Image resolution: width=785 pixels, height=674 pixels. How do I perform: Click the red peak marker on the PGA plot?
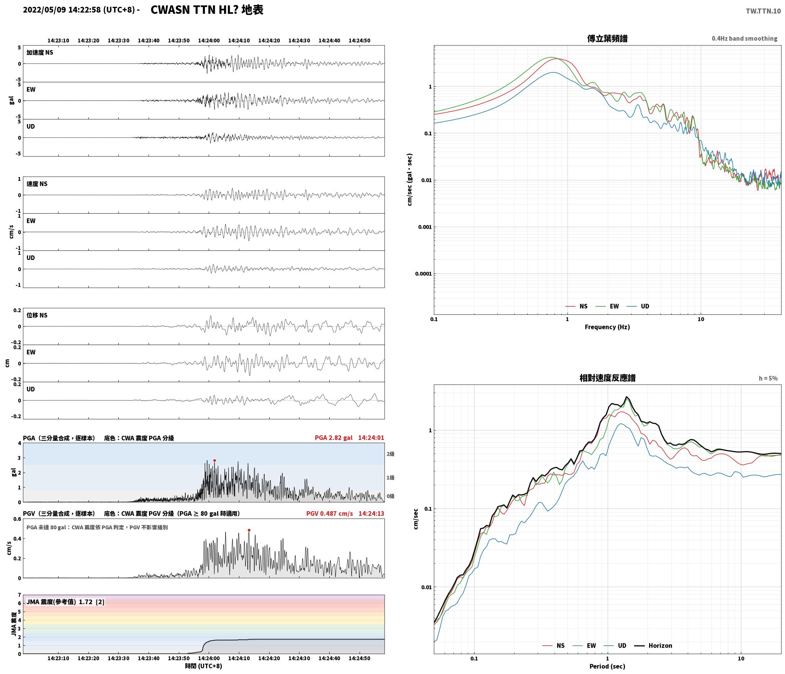(x=214, y=460)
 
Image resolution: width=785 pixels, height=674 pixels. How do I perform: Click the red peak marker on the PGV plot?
(x=249, y=530)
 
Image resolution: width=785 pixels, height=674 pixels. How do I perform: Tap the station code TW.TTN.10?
(x=763, y=11)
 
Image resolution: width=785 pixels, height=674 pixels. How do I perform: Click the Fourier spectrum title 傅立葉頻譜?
(x=607, y=38)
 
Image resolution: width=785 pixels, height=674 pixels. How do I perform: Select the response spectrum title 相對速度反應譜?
(x=607, y=378)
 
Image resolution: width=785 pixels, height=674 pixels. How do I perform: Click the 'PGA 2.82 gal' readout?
(x=334, y=438)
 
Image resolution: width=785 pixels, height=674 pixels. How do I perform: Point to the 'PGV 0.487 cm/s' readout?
(x=329, y=514)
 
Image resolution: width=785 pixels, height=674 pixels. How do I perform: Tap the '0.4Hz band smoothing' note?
(x=744, y=39)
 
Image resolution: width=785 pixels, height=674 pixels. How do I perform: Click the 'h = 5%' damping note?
(x=768, y=378)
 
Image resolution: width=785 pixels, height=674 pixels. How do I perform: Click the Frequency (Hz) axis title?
(x=607, y=327)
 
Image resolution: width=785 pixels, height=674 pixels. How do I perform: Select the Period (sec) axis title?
(x=607, y=667)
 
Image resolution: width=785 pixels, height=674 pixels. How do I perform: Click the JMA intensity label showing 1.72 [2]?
(x=65, y=602)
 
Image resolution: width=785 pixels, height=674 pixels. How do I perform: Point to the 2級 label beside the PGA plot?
(x=390, y=454)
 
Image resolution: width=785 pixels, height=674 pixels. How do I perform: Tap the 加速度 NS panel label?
(x=40, y=53)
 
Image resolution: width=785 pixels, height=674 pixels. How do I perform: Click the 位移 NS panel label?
(x=37, y=316)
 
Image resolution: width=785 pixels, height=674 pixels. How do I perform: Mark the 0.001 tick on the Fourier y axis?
(x=425, y=227)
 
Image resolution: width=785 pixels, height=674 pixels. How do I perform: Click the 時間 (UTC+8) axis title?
(x=203, y=666)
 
